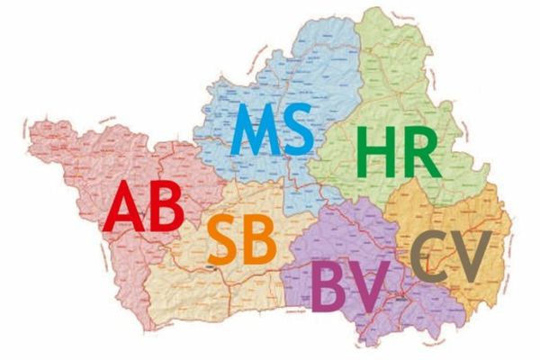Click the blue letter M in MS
[x=254, y=131]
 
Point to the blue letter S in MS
[x=297, y=131]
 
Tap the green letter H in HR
[x=373, y=154]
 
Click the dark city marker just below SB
[x=211, y=267]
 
